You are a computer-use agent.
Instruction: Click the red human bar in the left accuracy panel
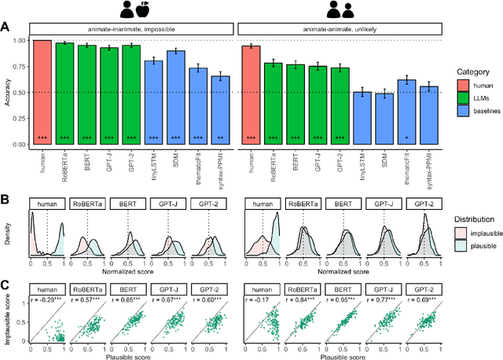point(41,92)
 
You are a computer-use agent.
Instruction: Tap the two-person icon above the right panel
point(338,10)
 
